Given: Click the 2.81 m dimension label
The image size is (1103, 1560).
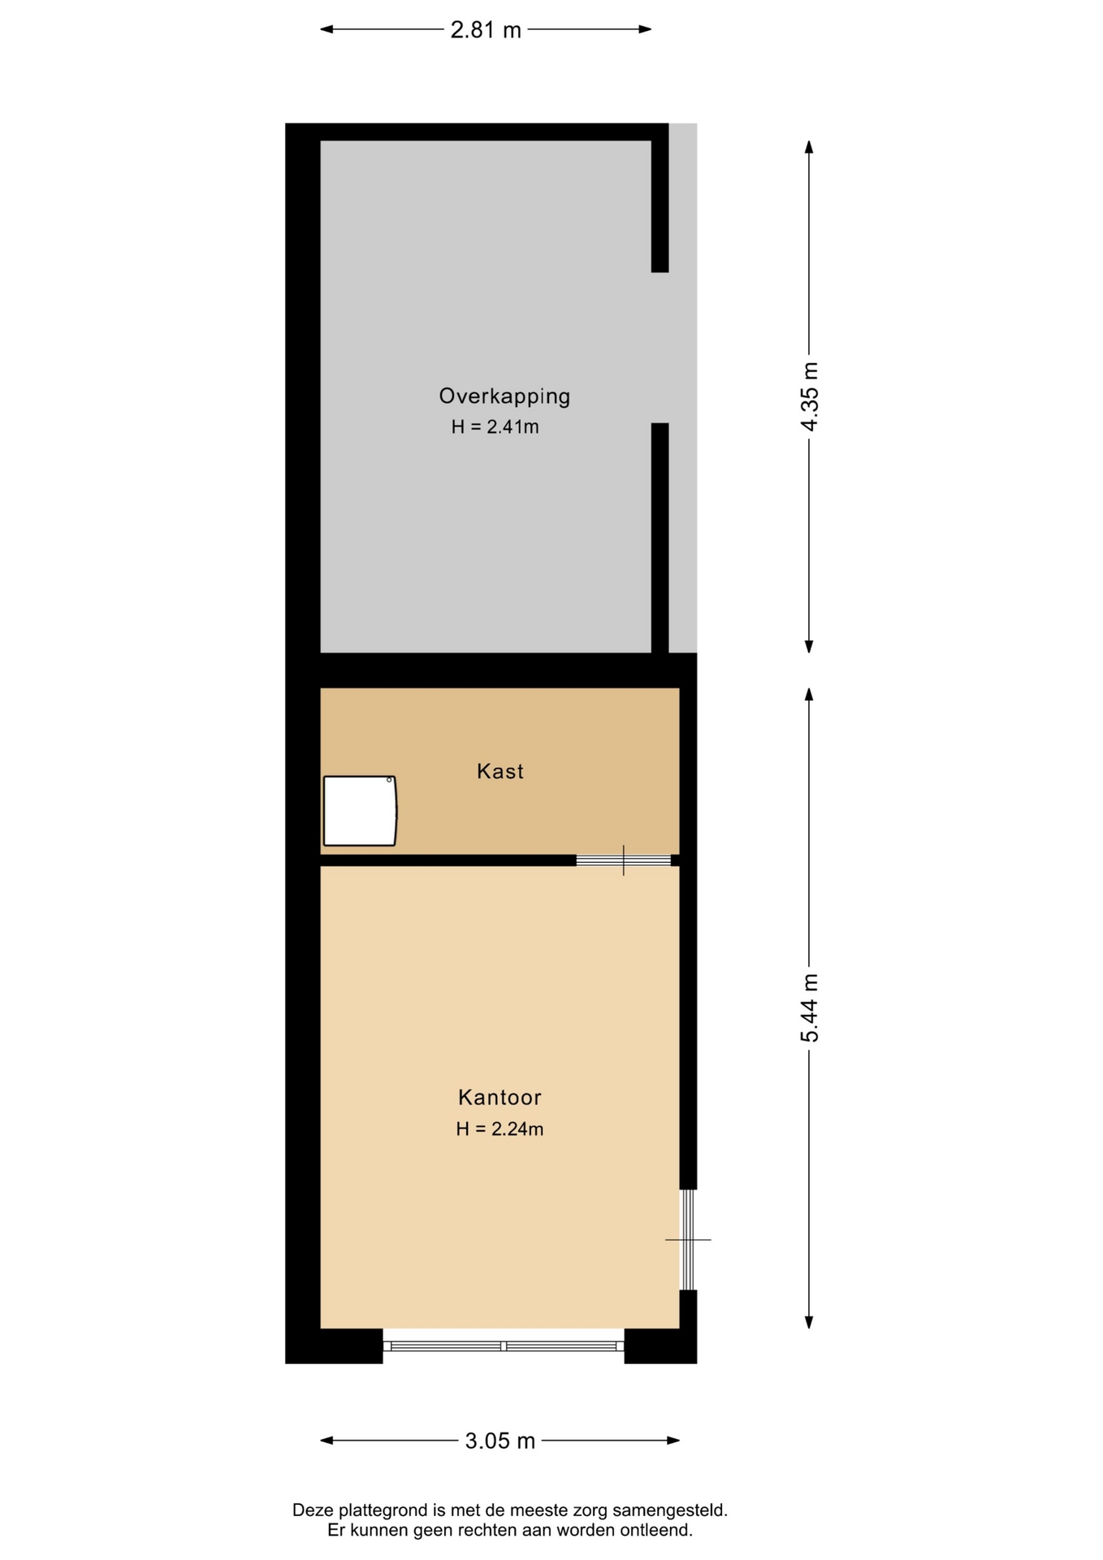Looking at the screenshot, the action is tap(486, 30).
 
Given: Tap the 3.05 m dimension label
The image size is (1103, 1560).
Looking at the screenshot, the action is tap(500, 1441).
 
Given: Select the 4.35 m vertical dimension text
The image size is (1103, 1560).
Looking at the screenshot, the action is tap(810, 396).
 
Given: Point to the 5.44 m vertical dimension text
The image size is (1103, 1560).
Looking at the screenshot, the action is tap(810, 1007).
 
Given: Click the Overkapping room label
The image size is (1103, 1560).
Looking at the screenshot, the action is tap(504, 396).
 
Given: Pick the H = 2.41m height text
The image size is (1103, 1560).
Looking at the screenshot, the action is tap(495, 427).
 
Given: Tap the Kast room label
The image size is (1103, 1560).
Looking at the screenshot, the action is tap(500, 771).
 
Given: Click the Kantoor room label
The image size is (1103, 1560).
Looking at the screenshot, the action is tap(500, 1098).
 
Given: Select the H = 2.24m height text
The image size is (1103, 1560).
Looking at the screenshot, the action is tap(500, 1129).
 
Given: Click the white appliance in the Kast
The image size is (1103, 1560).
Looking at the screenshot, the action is tap(360, 811).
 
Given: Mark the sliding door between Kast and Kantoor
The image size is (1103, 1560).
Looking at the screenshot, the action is tap(624, 860).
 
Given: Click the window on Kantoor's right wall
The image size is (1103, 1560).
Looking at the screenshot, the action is tap(688, 1240).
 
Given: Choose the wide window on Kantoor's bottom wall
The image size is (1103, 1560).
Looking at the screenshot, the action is tap(504, 1346).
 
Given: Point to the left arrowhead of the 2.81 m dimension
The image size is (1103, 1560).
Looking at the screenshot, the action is tap(327, 29).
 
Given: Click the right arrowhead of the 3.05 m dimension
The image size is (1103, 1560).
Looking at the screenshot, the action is tap(673, 1441).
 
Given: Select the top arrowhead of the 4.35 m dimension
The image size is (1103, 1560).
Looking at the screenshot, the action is tap(809, 147).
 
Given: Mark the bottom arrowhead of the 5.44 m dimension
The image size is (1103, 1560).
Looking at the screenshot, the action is tap(809, 1322).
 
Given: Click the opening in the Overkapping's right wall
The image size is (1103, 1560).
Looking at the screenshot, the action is tap(660, 348).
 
